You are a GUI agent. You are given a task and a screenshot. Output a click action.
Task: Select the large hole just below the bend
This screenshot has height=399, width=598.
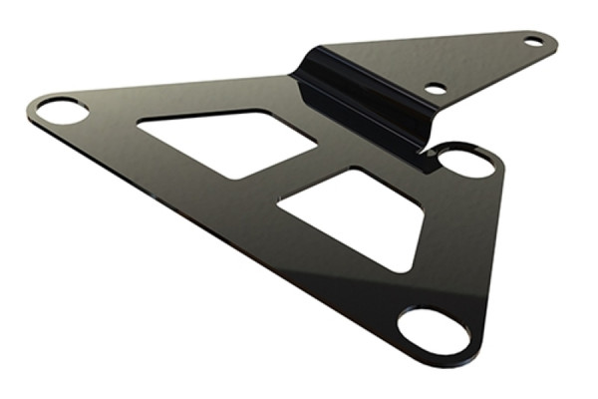pos(464,161)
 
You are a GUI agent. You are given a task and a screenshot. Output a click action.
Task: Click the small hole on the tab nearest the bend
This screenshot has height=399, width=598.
pos(436,88)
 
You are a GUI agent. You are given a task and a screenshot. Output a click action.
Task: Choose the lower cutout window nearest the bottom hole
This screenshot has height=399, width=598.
pos(354,214)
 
